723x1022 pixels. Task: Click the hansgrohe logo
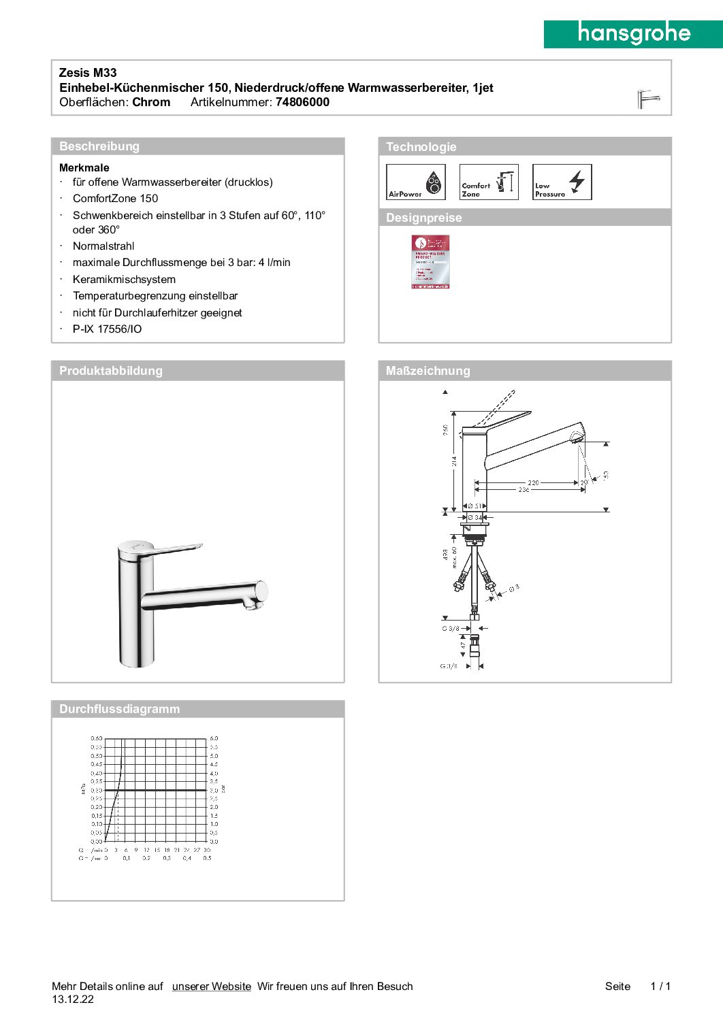click(x=633, y=34)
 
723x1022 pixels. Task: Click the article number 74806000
click(x=302, y=102)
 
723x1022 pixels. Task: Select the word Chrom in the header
click(x=151, y=102)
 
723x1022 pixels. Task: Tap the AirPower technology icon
click(x=415, y=182)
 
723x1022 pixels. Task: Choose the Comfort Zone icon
click(x=489, y=182)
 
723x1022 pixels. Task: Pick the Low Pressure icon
click(x=562, y=182)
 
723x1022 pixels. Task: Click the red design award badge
click(x=430, y=262)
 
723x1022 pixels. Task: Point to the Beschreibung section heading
click(x=99, y=146)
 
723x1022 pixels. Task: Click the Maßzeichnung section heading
click(x=428, y=371)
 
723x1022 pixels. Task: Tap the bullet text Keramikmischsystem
click(x=124, y=280)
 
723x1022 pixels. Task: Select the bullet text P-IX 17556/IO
click(x=108, y=329)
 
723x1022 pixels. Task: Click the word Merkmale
click(x=84, y=167)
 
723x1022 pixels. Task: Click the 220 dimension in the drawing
click(x=533, y=482)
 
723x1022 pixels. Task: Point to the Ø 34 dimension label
click(x=475, y=518)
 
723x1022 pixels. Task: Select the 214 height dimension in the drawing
click(x=454, y=461)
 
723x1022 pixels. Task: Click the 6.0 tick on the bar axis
click(x=214, y=738)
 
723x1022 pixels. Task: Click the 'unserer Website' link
click(x=211, y=987)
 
